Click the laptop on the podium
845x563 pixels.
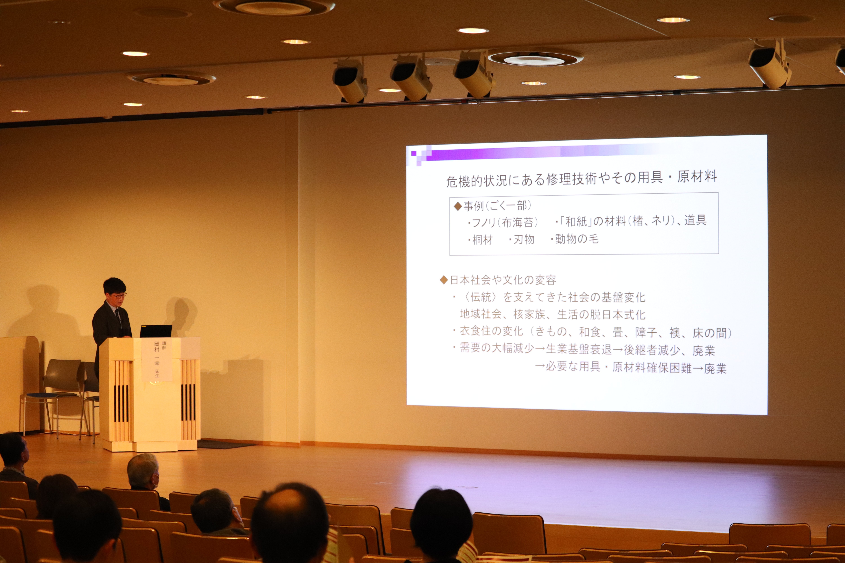(x=156, y=331)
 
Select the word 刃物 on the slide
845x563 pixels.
(x=523, y=240)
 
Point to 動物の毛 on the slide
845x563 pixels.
(x=576, y=239)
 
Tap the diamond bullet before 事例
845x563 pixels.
(x=457, y=206)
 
